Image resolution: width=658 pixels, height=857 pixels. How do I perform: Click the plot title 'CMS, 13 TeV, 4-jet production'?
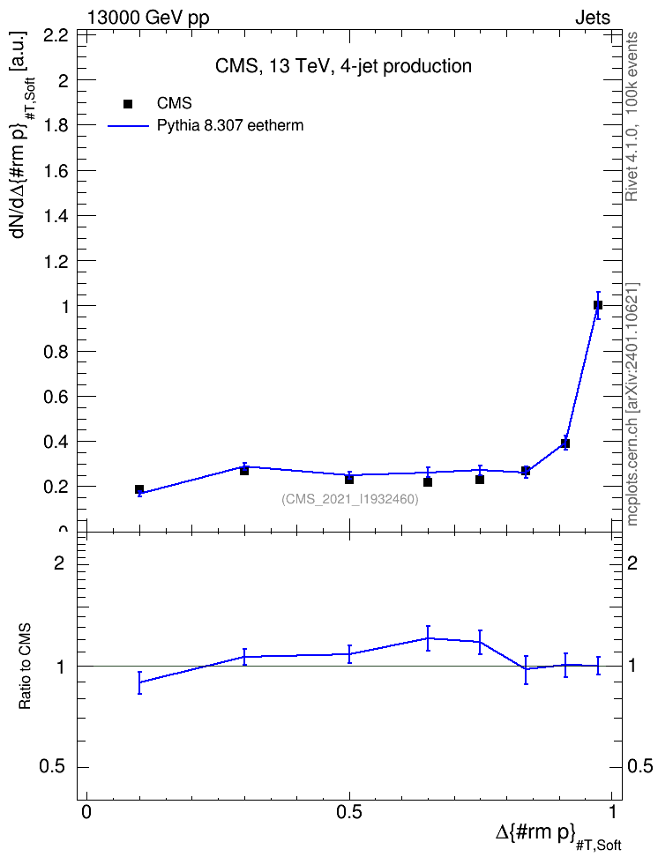click(343, 66)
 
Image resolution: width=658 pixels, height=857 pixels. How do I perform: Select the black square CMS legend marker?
click(128, 104)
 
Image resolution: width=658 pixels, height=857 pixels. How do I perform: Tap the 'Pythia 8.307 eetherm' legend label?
click(229, 126)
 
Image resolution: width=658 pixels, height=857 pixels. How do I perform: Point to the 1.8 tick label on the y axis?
click(56, 126)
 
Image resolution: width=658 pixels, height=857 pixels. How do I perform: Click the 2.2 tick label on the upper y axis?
click(56, 35)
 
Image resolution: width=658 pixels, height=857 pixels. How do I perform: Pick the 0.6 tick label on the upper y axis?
click(56, 396)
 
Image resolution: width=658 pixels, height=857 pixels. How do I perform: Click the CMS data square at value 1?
click(598, 305)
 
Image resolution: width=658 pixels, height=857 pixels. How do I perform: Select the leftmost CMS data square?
click(139, 489)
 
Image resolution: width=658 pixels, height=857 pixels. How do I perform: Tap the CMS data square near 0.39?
click(565, 443)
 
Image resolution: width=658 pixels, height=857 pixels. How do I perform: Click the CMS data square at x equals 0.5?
click(349, 480)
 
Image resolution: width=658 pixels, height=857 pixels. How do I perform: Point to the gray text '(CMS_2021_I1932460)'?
click(350, 499)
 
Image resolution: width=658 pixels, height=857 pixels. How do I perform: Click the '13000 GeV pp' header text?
click(148, 18)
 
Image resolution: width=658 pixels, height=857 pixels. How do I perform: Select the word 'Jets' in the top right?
click(593, 18)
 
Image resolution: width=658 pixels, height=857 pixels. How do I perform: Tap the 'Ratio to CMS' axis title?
click(25, 667)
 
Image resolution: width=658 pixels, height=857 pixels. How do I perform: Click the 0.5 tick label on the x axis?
click(349, 812)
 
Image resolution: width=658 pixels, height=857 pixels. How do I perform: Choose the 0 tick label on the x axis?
click(86, 812)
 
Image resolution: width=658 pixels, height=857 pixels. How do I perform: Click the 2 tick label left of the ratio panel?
click(59, 563)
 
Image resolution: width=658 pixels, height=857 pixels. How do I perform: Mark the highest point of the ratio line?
click(428, 637)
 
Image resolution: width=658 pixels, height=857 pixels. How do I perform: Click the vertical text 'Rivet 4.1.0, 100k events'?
click(632, 116)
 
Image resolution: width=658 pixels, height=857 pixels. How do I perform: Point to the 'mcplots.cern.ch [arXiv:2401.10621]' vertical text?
click(632, 404)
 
